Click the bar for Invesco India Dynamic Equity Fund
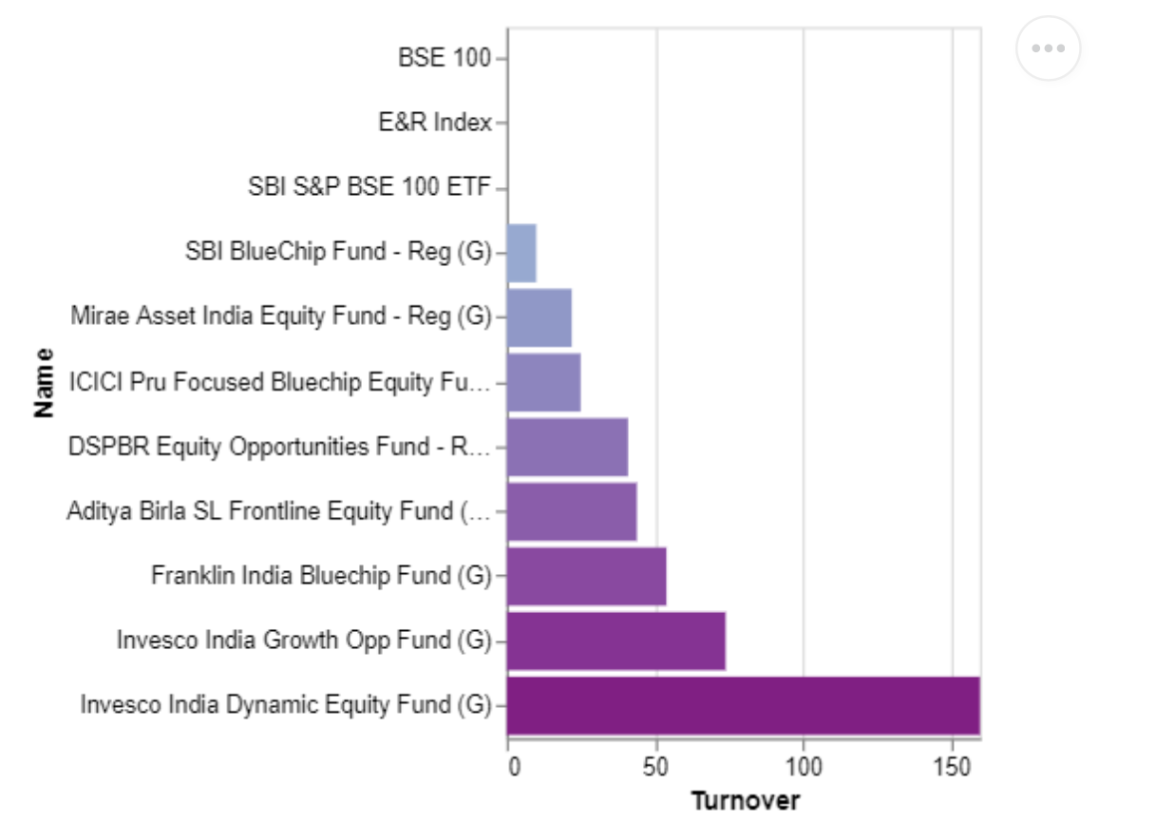(x=743, y=705)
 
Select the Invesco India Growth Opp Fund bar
(x=615, y=641)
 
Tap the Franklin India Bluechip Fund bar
(x=586, y=576)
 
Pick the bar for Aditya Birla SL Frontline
(x=572, y=511)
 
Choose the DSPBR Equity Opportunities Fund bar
(x=567, y=447)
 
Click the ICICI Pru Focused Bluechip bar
(x=543, y=382)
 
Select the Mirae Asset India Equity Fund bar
(x=539, y=317)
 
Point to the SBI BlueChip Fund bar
(x=521, y=253)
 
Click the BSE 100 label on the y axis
(x=444, y=58)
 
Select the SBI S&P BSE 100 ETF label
(x=369, y=187)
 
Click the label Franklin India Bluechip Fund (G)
(x=321, y=576)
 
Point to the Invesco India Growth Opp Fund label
(x=304, y=641)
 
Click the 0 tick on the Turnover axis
(x=514, y=766)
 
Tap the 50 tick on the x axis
(x=655, y=766)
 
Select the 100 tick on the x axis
(x=804, y=766)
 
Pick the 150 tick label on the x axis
(x=952, y=766)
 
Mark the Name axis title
(x=43, y=382)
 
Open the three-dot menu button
(x=1048, y=48)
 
